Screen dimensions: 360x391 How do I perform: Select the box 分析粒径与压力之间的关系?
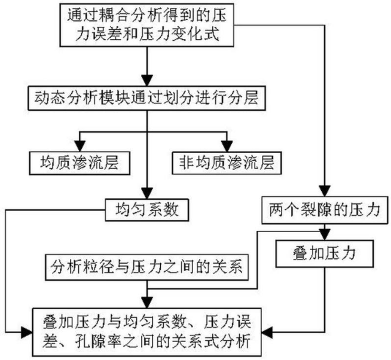coord(146,267)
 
